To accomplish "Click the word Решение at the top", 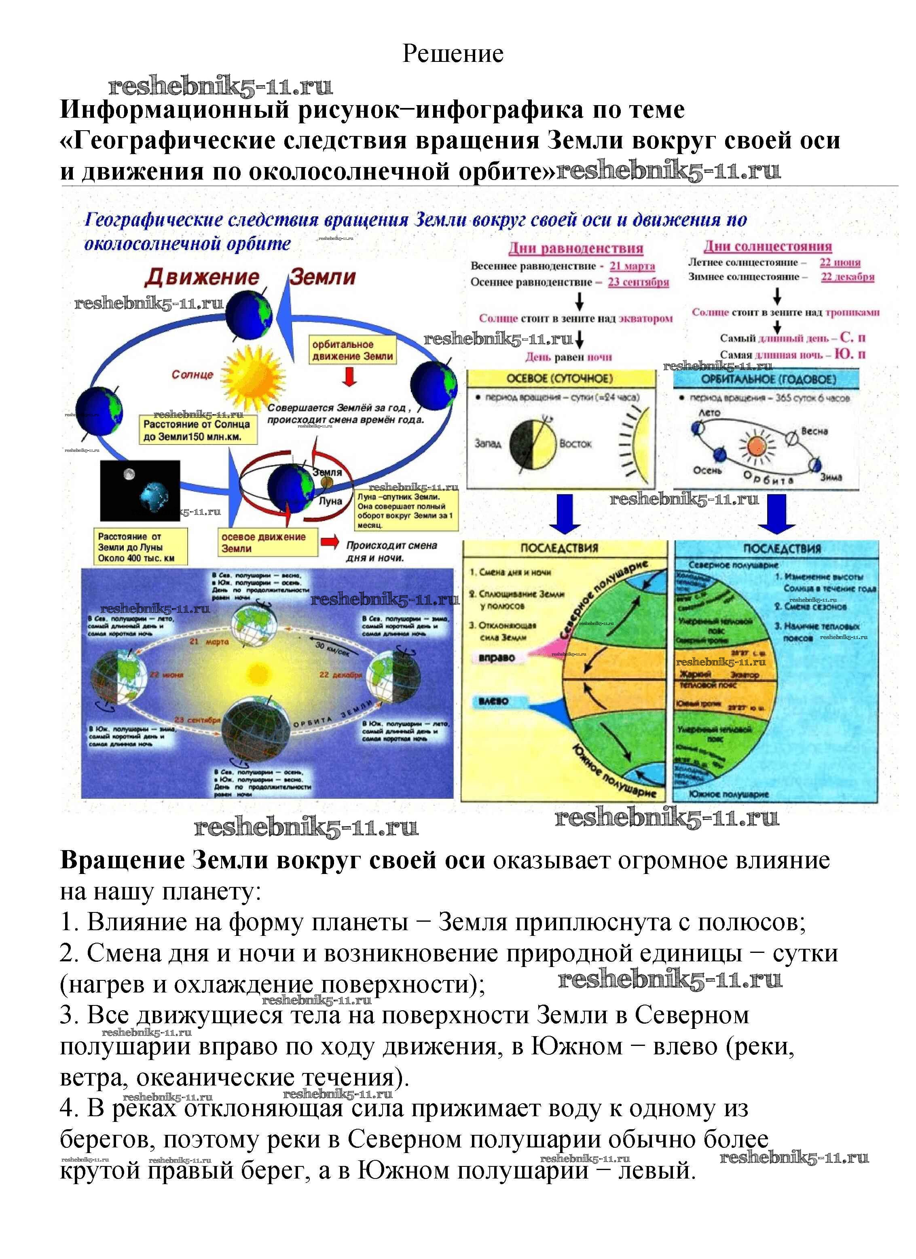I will click(x=453, y=54).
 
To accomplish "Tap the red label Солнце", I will click(x=192, y=375).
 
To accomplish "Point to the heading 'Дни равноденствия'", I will click(x=576, y=248).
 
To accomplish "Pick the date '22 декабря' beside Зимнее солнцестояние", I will click(x=847, y=277).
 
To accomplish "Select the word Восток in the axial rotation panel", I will click(x=575, y=444).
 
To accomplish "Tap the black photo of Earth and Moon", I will click(x=140, y=490).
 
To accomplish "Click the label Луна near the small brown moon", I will click(x=330, y=501).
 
